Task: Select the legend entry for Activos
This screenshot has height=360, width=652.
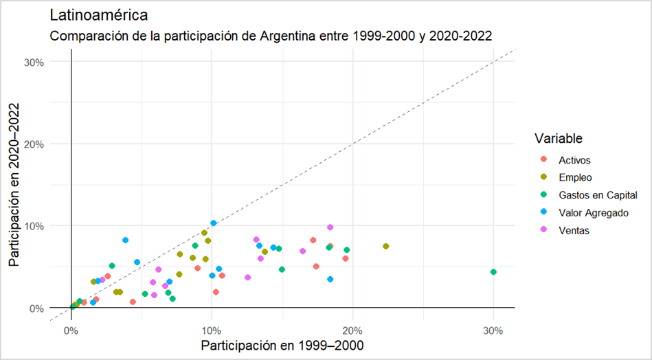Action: (x=575, y=160)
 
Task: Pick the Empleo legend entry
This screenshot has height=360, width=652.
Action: (x=575, y=177)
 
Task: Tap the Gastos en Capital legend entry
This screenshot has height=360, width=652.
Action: (x=598, y=195)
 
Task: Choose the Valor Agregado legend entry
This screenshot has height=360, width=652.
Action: (x=594, y=213)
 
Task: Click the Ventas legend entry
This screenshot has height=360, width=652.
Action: (x=574, y=231)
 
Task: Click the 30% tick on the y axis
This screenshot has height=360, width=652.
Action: (x=34, y=62)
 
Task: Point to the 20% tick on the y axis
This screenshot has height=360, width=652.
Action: (x=34, y=144)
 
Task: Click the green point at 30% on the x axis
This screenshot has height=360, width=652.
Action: (x=493, y=272)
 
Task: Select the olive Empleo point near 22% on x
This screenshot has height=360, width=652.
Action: (x=386, y=246)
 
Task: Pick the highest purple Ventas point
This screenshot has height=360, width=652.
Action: (x=330, y=227)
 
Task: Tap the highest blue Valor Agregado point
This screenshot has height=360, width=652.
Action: (x=214, y=223)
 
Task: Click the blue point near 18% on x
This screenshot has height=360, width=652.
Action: (x=330, y=279)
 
